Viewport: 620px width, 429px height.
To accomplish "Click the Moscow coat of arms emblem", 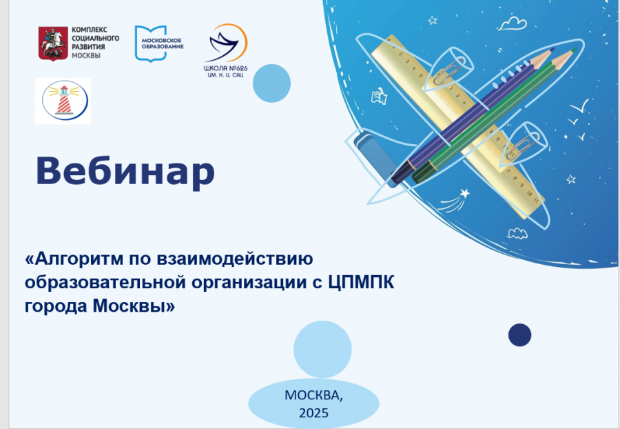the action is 53,43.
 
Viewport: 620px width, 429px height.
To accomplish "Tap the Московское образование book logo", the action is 159,43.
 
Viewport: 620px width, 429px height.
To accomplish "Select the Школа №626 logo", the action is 226,50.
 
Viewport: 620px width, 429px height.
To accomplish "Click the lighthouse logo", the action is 63,101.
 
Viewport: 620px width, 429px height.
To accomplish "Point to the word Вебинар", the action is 125,171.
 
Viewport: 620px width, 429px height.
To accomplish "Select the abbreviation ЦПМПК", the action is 361,283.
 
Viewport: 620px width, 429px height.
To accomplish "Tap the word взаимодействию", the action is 235,259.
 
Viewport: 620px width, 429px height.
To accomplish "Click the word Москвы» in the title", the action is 134,306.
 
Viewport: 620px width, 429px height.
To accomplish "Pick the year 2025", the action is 313,412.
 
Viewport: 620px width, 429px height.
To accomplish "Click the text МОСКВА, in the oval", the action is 313,395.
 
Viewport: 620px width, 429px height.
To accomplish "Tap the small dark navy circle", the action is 519,335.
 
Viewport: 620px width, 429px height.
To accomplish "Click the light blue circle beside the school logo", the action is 271,83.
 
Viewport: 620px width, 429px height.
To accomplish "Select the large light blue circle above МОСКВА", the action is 322,349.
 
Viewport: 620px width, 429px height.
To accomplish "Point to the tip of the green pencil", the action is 575,49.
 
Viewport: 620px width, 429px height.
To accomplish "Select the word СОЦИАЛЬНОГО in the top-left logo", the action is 95,38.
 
